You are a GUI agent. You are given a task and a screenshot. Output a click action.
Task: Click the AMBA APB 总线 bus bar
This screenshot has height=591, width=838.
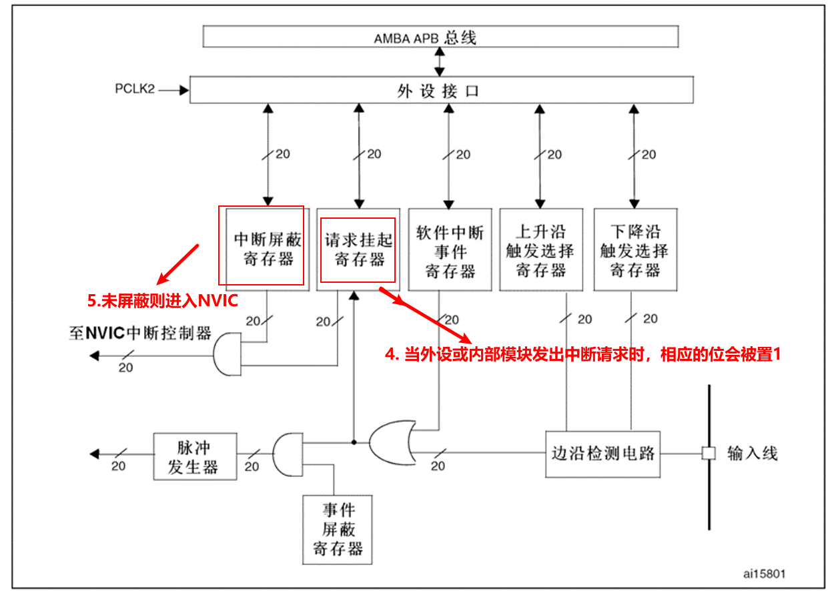point(440,37)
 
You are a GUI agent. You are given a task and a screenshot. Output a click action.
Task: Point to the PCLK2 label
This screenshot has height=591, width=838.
point(135,89)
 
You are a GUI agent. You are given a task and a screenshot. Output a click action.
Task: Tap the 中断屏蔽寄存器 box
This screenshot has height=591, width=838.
point(268,249)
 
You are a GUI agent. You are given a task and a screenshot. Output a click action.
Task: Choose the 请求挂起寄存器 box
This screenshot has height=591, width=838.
point(358,249)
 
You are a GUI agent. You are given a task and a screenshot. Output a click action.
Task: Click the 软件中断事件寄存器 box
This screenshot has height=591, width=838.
point(450,250)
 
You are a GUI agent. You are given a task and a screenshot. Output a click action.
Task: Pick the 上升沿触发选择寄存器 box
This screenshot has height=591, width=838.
point(541,250)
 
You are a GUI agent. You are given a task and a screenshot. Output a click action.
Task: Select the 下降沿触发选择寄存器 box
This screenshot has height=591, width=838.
point(635,250)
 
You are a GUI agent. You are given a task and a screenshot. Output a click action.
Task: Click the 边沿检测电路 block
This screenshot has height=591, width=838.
point(602,454)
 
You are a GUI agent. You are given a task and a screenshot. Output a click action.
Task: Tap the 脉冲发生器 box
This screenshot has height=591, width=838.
point(194,456)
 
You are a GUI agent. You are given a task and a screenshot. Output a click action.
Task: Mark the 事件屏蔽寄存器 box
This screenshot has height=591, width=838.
point(338,530)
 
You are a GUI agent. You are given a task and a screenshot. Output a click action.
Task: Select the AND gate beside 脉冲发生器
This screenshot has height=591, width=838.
point(286,454)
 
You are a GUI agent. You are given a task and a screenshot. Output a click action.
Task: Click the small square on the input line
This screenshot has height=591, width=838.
point(708,454)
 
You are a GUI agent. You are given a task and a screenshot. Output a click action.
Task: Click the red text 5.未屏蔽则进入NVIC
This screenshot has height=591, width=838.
point(162,301)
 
